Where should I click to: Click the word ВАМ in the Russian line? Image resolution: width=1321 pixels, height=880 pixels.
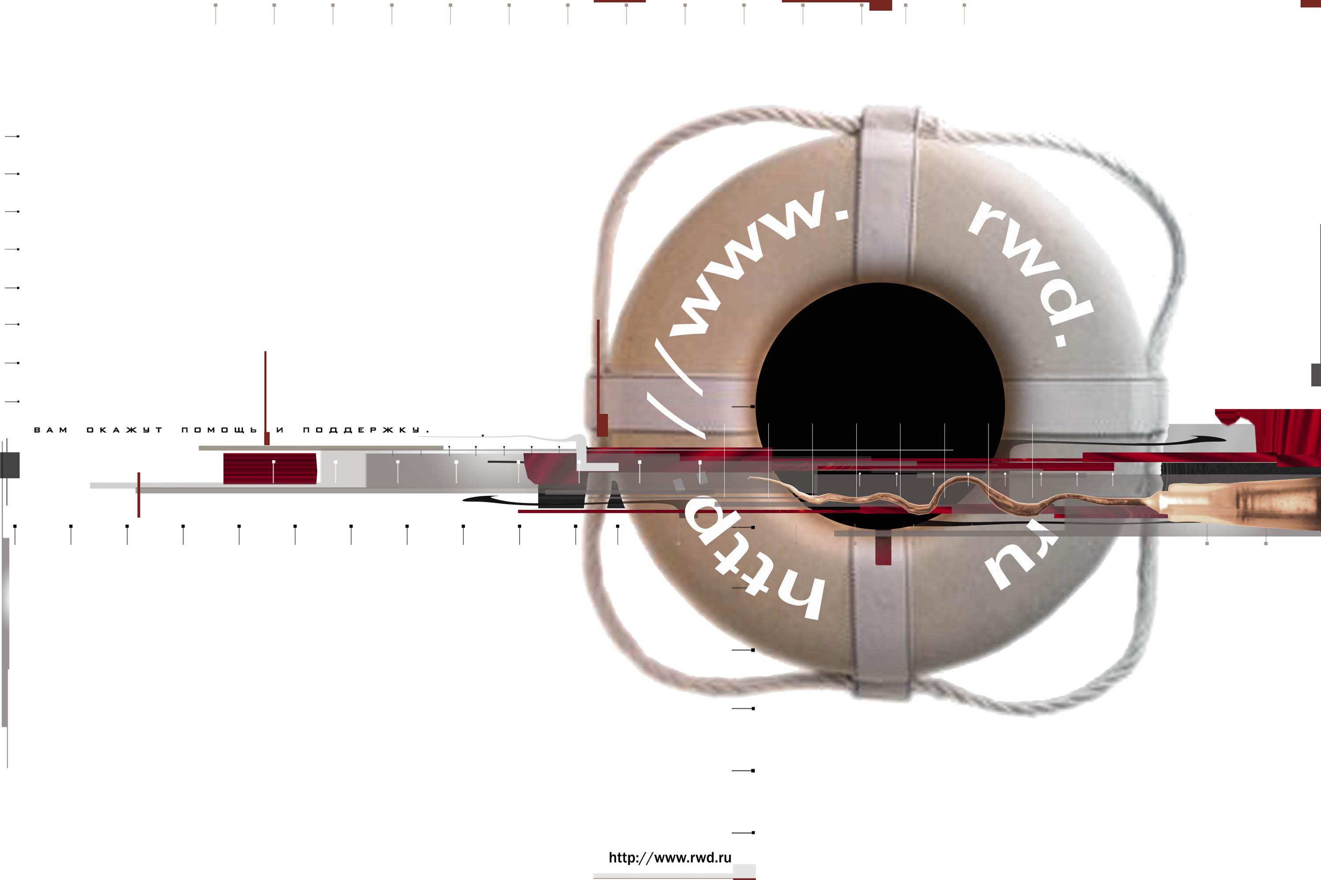[x=51, y=430]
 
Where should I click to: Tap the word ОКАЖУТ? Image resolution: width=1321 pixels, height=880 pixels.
[x=124, y=430]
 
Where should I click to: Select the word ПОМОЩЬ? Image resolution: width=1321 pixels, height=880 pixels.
[x=219, y=430]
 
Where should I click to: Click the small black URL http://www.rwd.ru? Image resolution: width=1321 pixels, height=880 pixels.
[x=670, y=858]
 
